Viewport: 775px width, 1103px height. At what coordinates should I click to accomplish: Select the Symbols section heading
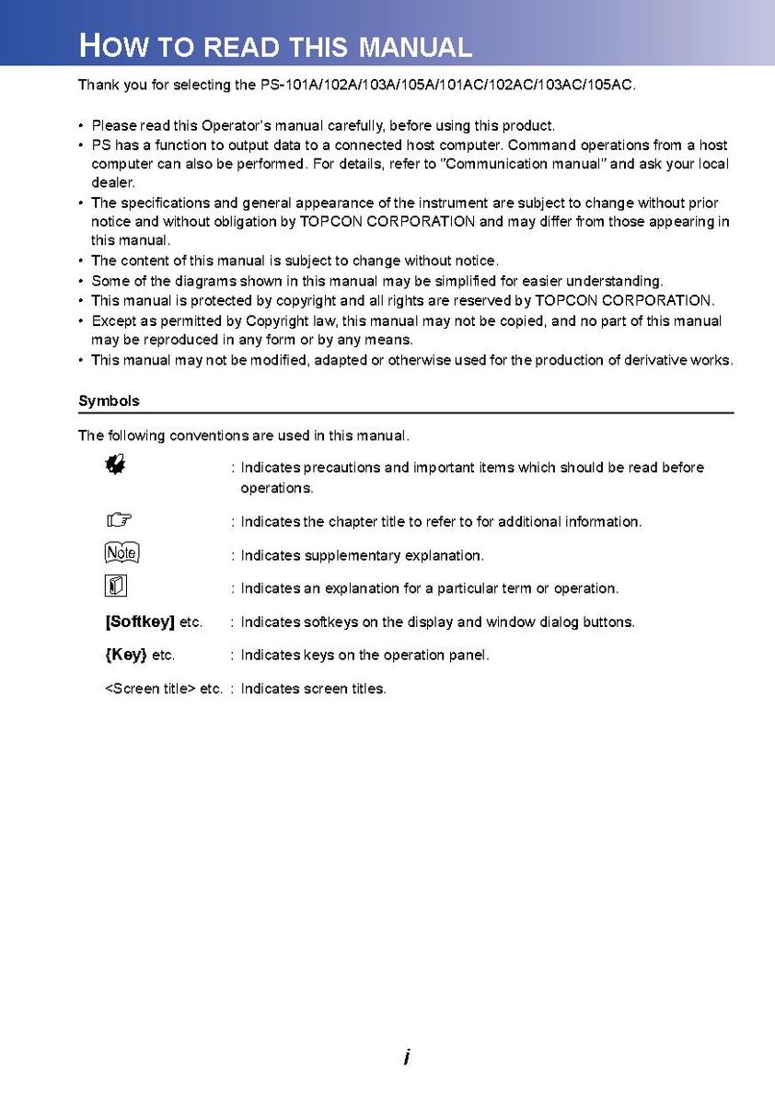[x=109, y=401]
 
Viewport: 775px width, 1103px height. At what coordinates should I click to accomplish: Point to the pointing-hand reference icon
[x=117, y=521]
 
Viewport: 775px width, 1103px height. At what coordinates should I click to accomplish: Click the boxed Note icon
[x=121, y=553]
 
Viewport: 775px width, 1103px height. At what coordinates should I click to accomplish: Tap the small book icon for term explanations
[x=115, y=586]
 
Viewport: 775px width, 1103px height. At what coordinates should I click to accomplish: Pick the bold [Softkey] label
[x=140, y=622]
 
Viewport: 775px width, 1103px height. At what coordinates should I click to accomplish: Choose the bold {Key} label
[x=126, y=656]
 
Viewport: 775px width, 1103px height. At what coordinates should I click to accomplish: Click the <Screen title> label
[x=150, y=689]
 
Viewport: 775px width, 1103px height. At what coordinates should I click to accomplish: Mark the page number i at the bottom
[x=406, y=1058]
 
